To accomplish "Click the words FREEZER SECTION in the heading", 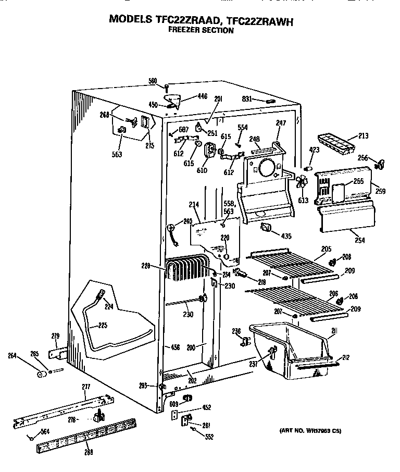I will pyautogui.click(x=201, y=30).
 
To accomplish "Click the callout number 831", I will pyautogui.click(x=246, y=99).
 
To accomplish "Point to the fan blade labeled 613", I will pyautogui.click(x=301, y=183).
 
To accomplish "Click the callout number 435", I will pyautogui.click(x=286, y=235).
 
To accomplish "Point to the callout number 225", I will pyautogui.click(x=103, y=326).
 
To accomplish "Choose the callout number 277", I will pyautogui.click(x=86, y=386).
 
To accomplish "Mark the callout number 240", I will pyautogui.click(x=187, y=221).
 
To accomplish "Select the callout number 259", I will pyautogui.click(x=380, y=191).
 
